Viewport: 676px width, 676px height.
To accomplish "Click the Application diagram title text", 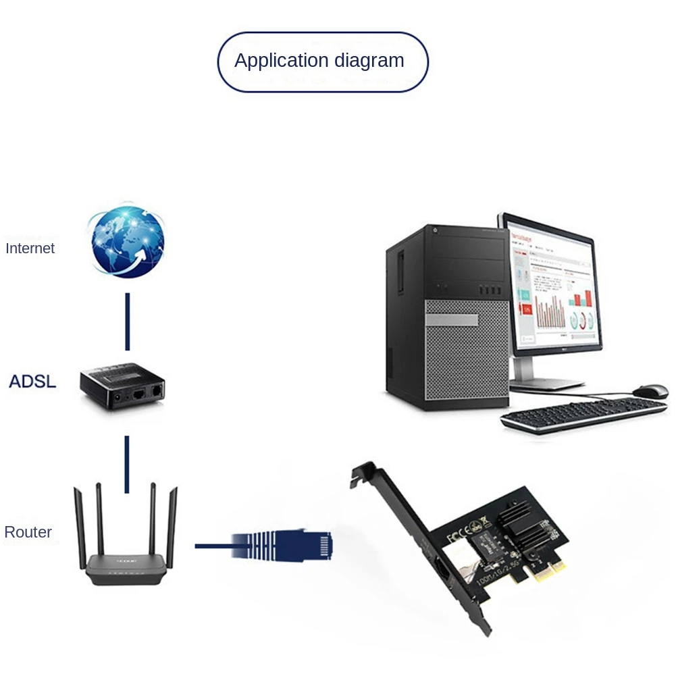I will point(319,61).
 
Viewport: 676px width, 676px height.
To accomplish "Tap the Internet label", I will point(30,249).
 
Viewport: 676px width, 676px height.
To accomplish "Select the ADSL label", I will point(32,382).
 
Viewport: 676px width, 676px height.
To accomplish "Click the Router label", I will point(28,532).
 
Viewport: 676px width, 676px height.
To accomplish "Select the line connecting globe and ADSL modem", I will point(127,321).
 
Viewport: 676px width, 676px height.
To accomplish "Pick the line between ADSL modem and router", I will point(126,464).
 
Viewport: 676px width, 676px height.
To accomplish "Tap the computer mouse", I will point(650,391).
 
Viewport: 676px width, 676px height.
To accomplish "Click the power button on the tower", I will point(434,231).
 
